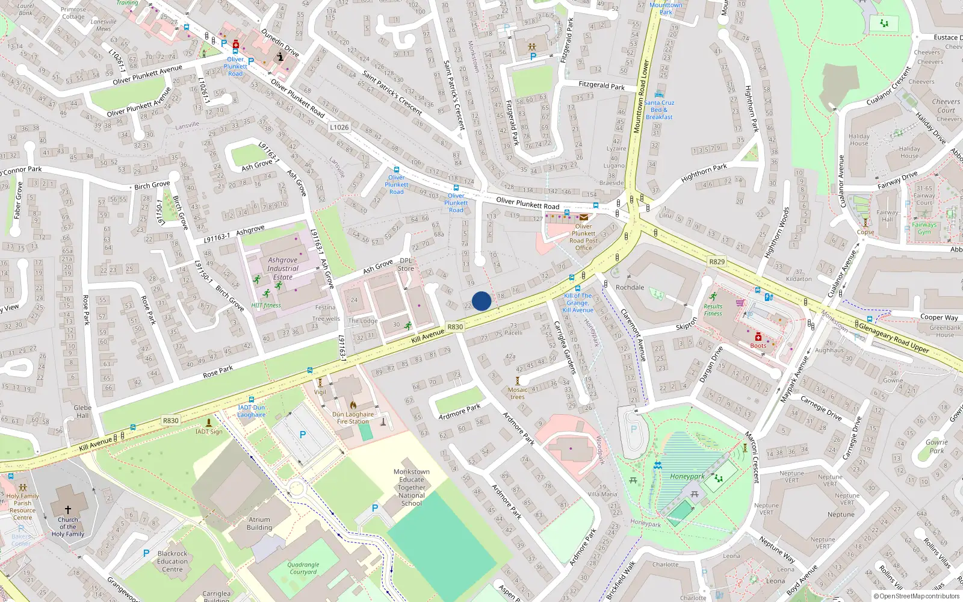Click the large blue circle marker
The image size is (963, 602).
point(482,301)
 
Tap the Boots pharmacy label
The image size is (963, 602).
point(758,346)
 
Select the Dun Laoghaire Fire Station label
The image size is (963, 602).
point(353,418)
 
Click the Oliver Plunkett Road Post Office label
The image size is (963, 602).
point(583,237)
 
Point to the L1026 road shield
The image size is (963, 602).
point(339,127)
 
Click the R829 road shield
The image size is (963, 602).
point(717,262)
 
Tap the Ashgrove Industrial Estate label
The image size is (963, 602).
point(283,268)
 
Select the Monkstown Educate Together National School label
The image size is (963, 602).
point(412,488)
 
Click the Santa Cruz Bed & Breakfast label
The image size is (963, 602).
point(659,110)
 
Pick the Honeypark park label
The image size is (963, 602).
point(687,476)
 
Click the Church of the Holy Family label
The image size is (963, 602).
point(67,527)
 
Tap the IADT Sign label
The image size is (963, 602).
point(209,432)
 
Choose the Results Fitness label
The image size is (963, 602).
point(713,309)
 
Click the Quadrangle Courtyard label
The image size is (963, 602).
point(303,568)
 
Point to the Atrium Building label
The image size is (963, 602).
point(259,524)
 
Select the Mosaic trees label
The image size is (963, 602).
point(518,393)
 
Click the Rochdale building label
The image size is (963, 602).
point(630,287)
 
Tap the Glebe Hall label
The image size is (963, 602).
point(82,411)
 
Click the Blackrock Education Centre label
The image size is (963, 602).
point(173,561)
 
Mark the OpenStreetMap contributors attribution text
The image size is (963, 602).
point(917,596)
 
